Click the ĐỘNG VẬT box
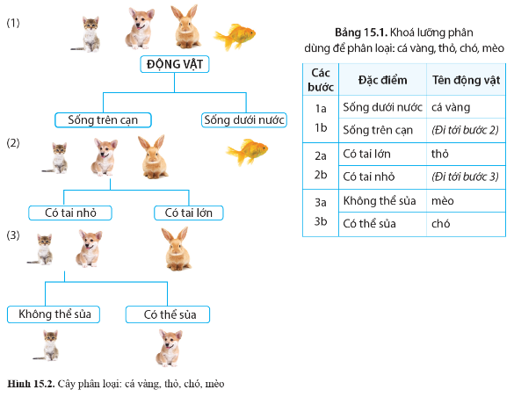tap(174, 64)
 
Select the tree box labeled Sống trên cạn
tap(103, 119)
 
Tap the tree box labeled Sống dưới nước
tap(244, 119)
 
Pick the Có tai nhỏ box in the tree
tap(70, 213)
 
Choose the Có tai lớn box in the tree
tap(189, 213)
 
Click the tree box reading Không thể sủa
tap(54, 314)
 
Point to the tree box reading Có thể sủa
tap(168, 314)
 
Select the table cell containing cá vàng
tap(466, 107)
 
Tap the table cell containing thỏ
tap(466, 154)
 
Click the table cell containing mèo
tap(466, 201)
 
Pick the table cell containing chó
tap(466, 224)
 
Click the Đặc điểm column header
tap(382, 80)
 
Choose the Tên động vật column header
tap(466, 80)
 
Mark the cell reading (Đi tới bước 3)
tap(466, 177)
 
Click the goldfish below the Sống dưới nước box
tap(247, 152)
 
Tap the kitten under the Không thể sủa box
tap(47, 345)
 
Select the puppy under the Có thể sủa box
tap(169, 348)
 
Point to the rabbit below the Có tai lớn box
tap(177, 249)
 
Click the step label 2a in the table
tap(321, 156)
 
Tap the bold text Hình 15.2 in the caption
tap(31, 384)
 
